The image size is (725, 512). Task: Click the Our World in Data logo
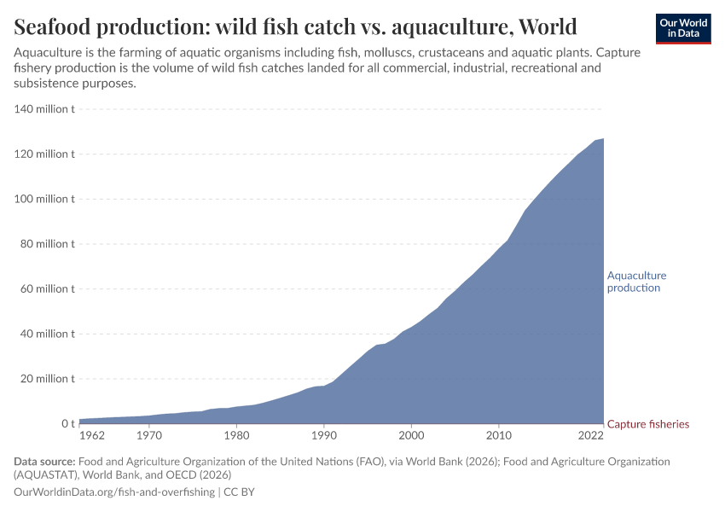tap(683, 28)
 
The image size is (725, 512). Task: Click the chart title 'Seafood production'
tap(295, 26)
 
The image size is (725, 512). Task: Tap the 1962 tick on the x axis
tap(92, 436)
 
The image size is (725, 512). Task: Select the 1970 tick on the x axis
tap(149, 436)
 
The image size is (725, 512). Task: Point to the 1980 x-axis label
tap(236, 436)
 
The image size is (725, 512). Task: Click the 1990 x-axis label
tap(324, 436)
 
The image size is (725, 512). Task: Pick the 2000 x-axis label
tap(411, 436)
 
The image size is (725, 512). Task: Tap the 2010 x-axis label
tap(499, 436)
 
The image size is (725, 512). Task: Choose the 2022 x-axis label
tap(590, 436)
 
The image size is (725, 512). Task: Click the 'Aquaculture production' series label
tap(636, 282)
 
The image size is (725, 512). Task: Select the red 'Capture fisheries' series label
tap(647, 424)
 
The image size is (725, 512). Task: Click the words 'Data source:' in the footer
tap(44, 462)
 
